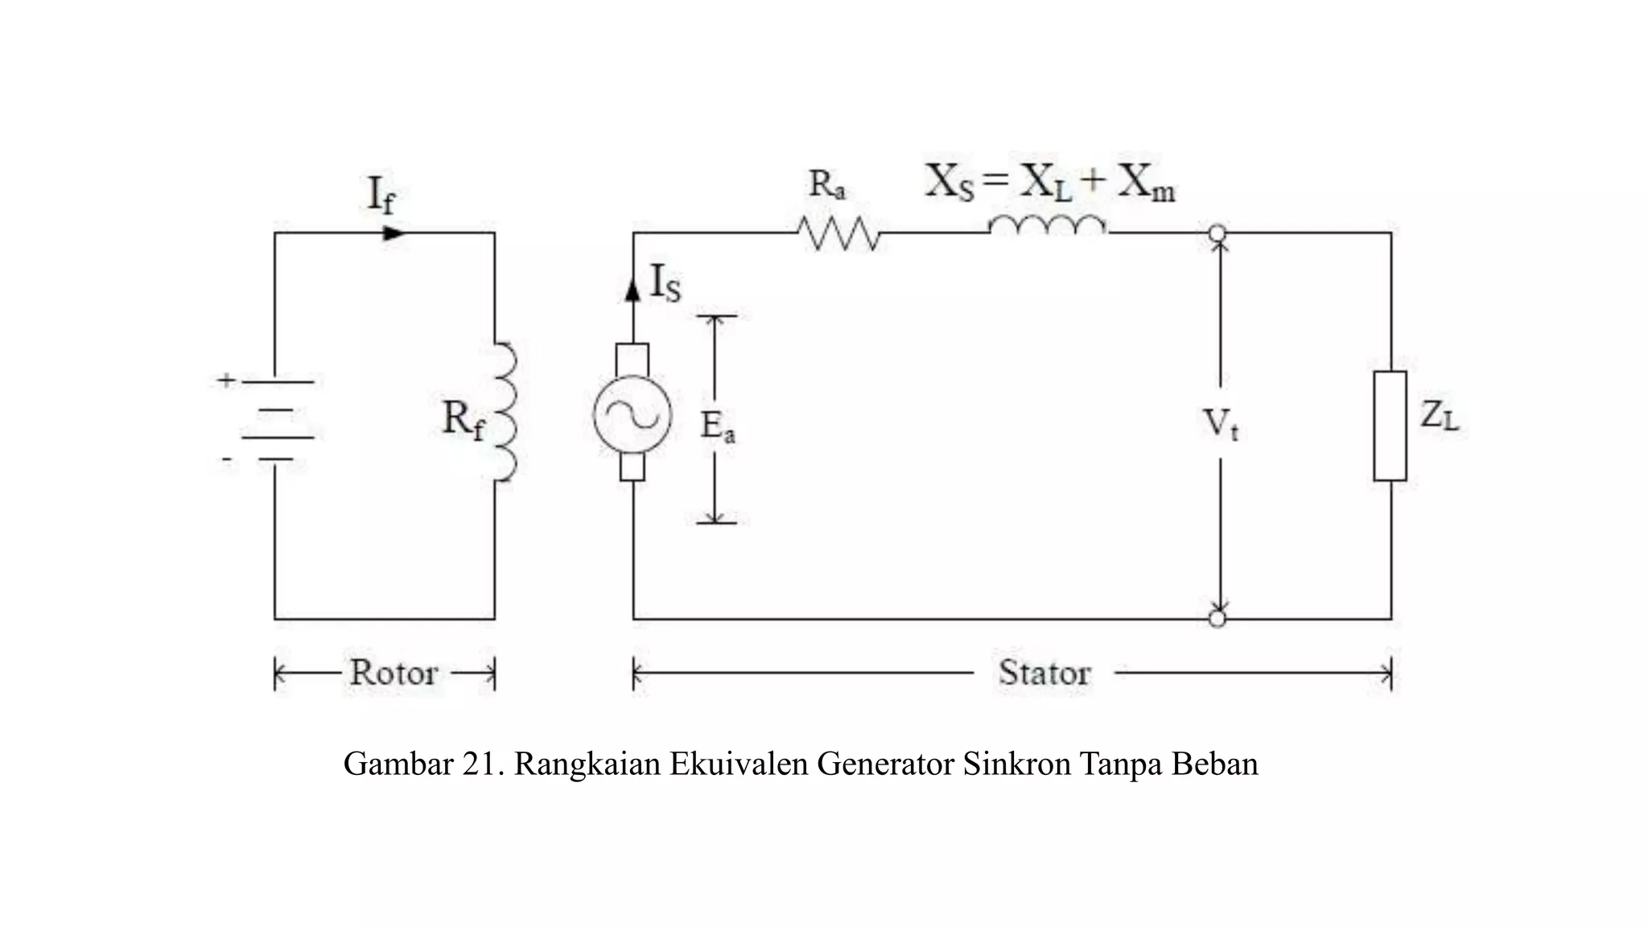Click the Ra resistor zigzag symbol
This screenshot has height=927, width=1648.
838,233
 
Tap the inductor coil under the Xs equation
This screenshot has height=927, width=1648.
1048,227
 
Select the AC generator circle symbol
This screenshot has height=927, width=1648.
632,414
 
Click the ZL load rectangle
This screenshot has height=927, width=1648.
1390,426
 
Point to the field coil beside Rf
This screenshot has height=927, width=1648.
505,411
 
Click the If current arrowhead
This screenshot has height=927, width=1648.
393,233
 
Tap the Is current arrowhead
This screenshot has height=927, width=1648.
633,289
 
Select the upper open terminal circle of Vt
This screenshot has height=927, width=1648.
1217,233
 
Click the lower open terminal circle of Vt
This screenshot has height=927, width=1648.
1217,619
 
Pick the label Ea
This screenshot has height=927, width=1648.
717,426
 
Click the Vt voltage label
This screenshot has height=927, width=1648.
1220,423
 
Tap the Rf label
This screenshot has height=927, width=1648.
463,419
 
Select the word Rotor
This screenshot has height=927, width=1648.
393,673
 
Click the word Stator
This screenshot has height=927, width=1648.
1044,673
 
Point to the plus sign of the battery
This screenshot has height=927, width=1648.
226,380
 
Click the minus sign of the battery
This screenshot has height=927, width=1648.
227,460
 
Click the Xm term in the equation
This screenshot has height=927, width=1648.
1146,183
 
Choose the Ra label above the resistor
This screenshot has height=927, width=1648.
826,184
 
